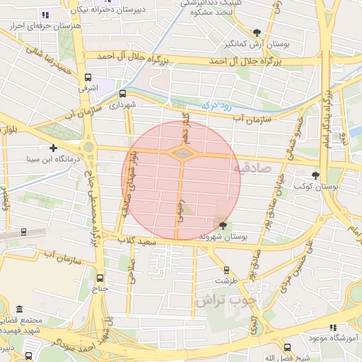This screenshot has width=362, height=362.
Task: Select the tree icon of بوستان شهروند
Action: tap(223, 226)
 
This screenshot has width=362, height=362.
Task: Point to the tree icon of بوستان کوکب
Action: tap(315, 175)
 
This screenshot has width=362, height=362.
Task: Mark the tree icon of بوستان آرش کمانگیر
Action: tap(257, 33)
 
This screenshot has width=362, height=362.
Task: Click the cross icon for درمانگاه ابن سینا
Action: tap(53, 148)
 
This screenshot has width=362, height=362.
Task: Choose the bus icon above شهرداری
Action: tap(122, 93)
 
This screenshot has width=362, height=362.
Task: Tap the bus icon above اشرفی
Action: tap(88, 78)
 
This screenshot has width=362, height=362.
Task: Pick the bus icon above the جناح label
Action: tap(99, 278)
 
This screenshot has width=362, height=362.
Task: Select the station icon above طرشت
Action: tap(226, 269)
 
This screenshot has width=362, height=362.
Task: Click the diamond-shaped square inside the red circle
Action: tap(182, 153)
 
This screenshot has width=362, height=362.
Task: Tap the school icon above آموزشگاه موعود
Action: tap(333, 327)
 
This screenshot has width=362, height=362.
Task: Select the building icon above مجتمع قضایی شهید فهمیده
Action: tap(18, 310)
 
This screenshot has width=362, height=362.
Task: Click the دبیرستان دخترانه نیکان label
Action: tap(113, 11)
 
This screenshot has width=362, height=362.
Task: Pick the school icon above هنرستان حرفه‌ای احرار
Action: tap(45, 14)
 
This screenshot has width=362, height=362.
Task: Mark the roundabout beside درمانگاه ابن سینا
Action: tap(88, 147)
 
